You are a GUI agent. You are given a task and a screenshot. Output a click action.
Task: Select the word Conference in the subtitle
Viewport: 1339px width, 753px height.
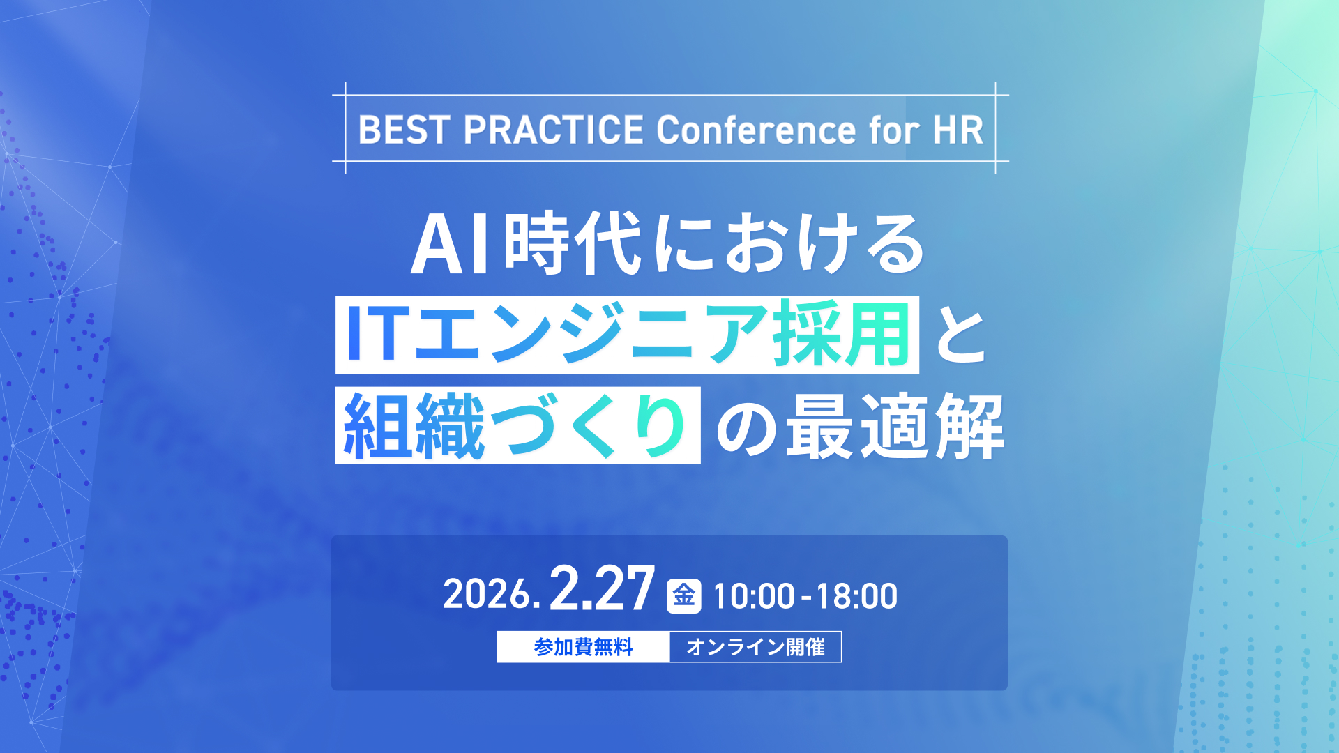pyautogui.click(x=756, y=130)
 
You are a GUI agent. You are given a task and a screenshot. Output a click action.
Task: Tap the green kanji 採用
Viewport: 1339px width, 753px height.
pyautogui.click(x=841, y=335)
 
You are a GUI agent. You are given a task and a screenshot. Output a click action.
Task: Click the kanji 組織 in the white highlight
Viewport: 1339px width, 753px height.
pyautogui.click(x=414, y=425)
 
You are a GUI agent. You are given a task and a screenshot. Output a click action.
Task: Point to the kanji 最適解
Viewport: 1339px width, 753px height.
pyautogui.click(x=895, y=425)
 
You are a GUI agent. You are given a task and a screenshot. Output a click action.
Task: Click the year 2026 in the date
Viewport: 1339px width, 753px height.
pyautogui.click(x=487, y=595)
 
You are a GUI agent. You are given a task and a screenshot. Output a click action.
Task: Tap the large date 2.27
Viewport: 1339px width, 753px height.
pyautogui.click(x=602, y=589)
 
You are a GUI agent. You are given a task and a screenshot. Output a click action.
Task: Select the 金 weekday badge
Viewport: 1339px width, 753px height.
pyautogui.click(x=683, y=596)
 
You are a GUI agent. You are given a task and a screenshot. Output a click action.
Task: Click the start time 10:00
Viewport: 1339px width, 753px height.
pyautogui.click(x=754, y=597)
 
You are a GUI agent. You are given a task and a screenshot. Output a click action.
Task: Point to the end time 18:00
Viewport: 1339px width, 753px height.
pyautogui.click(x=856, y=597)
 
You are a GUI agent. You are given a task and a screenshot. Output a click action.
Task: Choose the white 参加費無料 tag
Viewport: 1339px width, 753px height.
pyautogui.click(x=583, y=647)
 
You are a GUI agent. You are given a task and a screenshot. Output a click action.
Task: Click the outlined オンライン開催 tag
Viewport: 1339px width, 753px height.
pyautogui.click(x=755, y=647)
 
